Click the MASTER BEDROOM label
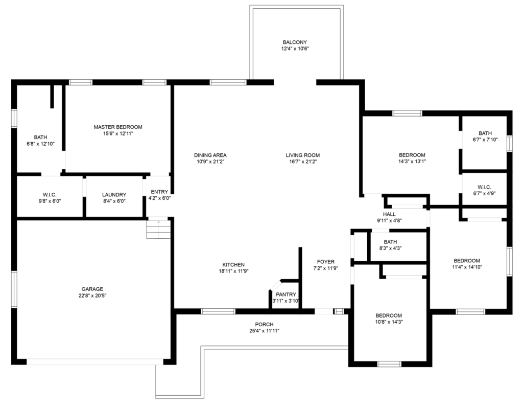118,127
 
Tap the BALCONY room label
295,42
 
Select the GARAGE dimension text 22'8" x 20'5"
92,295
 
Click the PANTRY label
286,295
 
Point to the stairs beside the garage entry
157,229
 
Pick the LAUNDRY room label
114,195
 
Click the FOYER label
325,262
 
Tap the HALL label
389,214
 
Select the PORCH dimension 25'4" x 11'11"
264,331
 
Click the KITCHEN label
233,264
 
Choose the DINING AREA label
210,155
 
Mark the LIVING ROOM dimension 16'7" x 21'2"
302,162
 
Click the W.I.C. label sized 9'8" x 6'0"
50,195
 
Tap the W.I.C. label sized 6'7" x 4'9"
485,187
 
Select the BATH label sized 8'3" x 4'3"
390,242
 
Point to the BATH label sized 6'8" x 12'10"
40,137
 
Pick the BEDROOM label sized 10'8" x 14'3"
389,315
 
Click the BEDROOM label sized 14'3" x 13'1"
412,155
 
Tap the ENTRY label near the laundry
159,192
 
